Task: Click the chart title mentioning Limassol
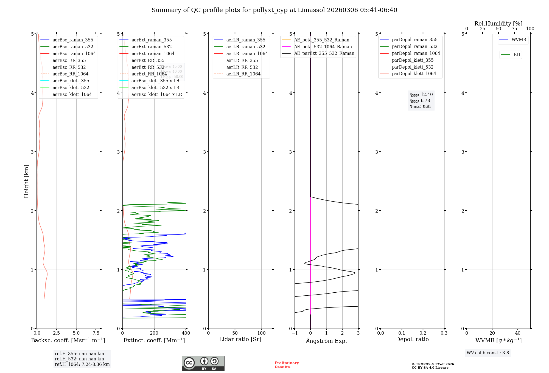(274, 10)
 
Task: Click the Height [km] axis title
(26, 181)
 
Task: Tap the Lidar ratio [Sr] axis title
(240, 339)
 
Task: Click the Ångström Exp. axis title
(326, 341)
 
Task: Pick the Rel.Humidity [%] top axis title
(498, 24)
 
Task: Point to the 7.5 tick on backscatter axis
(96, 333)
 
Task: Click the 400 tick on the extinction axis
(186, 333)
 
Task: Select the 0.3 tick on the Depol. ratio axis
(444, 333)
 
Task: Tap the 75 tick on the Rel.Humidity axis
(514, 29)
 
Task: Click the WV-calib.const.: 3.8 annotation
(488, 353)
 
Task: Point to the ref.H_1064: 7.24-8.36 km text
(82, 364)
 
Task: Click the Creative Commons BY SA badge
(203, 363)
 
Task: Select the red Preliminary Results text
(287, 365)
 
